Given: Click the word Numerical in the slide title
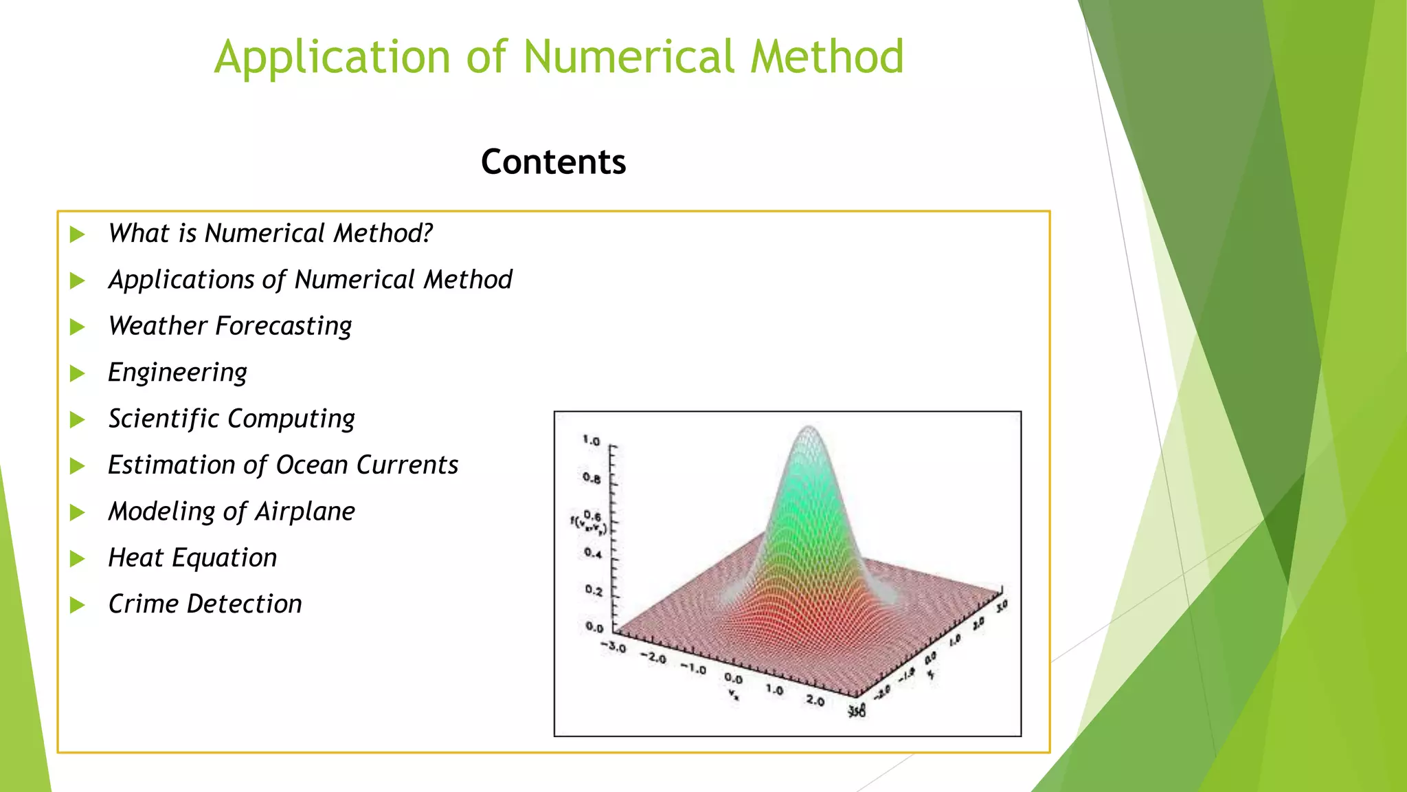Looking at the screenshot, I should (x=629, y=56).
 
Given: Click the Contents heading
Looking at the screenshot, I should (x=553, y=162).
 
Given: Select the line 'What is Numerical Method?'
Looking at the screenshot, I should (x=270, y=234).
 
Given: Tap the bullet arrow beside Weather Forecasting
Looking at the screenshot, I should (x=78, y=327).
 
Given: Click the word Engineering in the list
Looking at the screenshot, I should (x=177, y=373).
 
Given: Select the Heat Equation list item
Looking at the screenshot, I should (x=192, y=558).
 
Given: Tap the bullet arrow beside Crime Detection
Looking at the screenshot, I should (x=78, y=605).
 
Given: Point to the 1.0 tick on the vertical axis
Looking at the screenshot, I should (x=592, y=441).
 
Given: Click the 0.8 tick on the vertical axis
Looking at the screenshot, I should (x=592, y=478).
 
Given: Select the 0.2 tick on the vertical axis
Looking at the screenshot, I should (x=594, y=591).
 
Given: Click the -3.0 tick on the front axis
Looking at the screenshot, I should (x=614, y=647).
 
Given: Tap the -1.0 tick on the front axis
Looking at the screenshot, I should (x=693, y=668).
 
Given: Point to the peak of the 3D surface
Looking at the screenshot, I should (x=809, y=429).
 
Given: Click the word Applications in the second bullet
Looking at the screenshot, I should (x=181, y=280).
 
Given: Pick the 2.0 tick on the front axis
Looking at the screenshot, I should (x=815, y=701).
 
